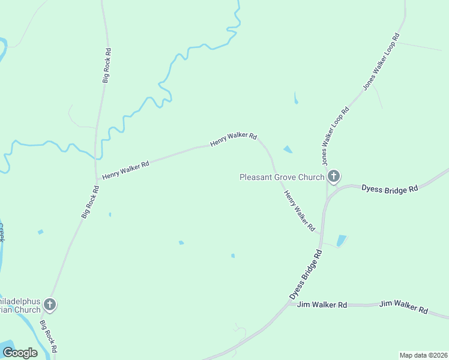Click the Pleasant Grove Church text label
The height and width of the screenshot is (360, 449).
coord(282,177)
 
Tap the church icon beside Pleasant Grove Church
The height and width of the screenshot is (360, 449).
coord(334,176)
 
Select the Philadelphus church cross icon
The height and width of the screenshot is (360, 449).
coord(50,305)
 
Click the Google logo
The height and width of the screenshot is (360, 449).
coord(20,353)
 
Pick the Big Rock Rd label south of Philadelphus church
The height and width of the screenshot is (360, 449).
coord(49,336)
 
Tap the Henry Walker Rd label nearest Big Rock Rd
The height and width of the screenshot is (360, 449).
coord(125,169)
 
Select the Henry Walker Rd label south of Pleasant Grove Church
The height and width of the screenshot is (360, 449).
coord(299,211)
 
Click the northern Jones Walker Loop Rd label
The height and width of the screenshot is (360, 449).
coord(382,62)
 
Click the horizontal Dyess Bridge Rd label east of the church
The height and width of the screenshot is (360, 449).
coord(389,188)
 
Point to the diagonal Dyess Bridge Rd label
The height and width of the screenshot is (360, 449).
coord(306,275)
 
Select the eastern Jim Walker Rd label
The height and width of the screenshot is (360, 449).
coord(403,307)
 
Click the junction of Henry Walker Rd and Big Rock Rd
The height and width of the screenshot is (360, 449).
coord(97,178)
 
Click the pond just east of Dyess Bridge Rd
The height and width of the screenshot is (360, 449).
coord(342,241)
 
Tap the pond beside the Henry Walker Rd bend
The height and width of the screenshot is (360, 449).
coord(288,149)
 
